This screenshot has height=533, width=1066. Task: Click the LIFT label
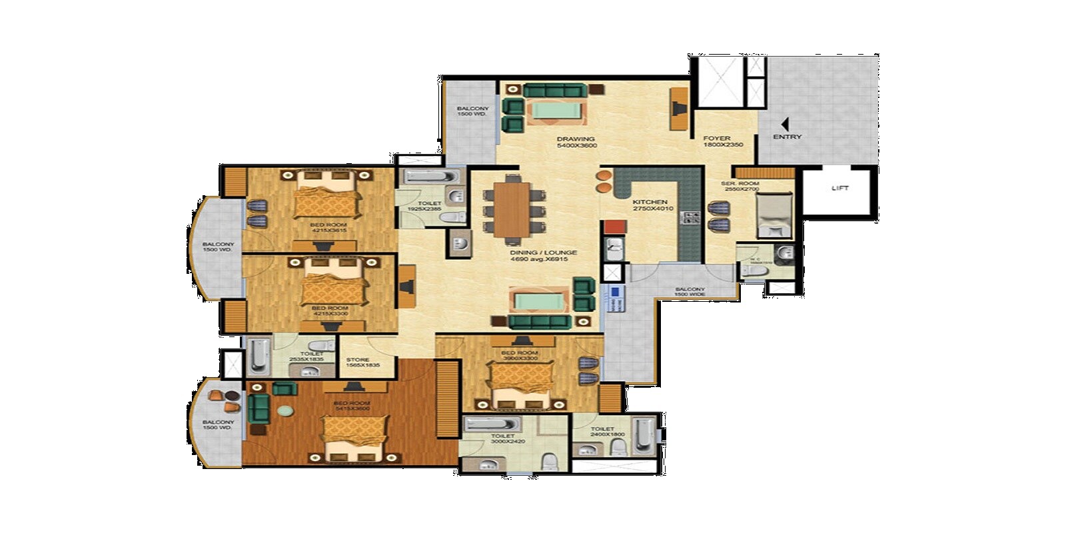tap(840, 189)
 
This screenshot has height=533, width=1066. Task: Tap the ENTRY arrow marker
tap(785, 125)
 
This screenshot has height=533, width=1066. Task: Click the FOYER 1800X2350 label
tap(722, 142)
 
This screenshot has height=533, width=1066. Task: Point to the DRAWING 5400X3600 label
tap(577, 142)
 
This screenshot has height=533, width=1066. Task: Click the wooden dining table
tap(512, 209)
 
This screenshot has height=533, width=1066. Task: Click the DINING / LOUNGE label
tap(543, 257)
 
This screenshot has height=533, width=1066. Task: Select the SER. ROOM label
tap(740, 186)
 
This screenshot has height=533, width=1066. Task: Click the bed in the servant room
tap(774, 215)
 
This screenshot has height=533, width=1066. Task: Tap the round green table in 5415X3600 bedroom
tap(284, 411)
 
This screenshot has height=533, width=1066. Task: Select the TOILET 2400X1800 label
tap(602, 432)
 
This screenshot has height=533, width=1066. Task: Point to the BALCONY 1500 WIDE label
tap(689, 292)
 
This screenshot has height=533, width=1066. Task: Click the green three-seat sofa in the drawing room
tap(554, 90)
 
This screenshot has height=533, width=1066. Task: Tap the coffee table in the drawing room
tap(558, 111)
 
